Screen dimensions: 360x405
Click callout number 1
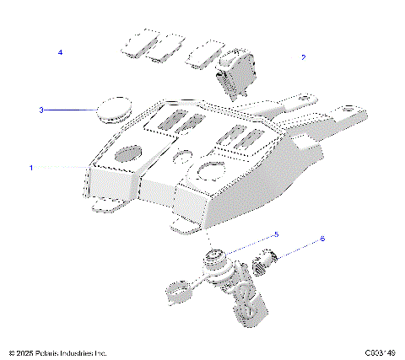click(x=31, y=168)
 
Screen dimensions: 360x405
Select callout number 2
click(x=304, y=57)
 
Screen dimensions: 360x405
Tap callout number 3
click(x=40, y=110)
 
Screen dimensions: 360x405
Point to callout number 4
click(x=60, y=52)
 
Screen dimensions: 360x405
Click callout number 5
click(x=276, y=234)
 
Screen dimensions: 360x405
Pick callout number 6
click(x=321, y=239)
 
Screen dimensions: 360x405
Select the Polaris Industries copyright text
click(x=57, y=352)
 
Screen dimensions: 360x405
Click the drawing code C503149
click(x=381, y=352)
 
